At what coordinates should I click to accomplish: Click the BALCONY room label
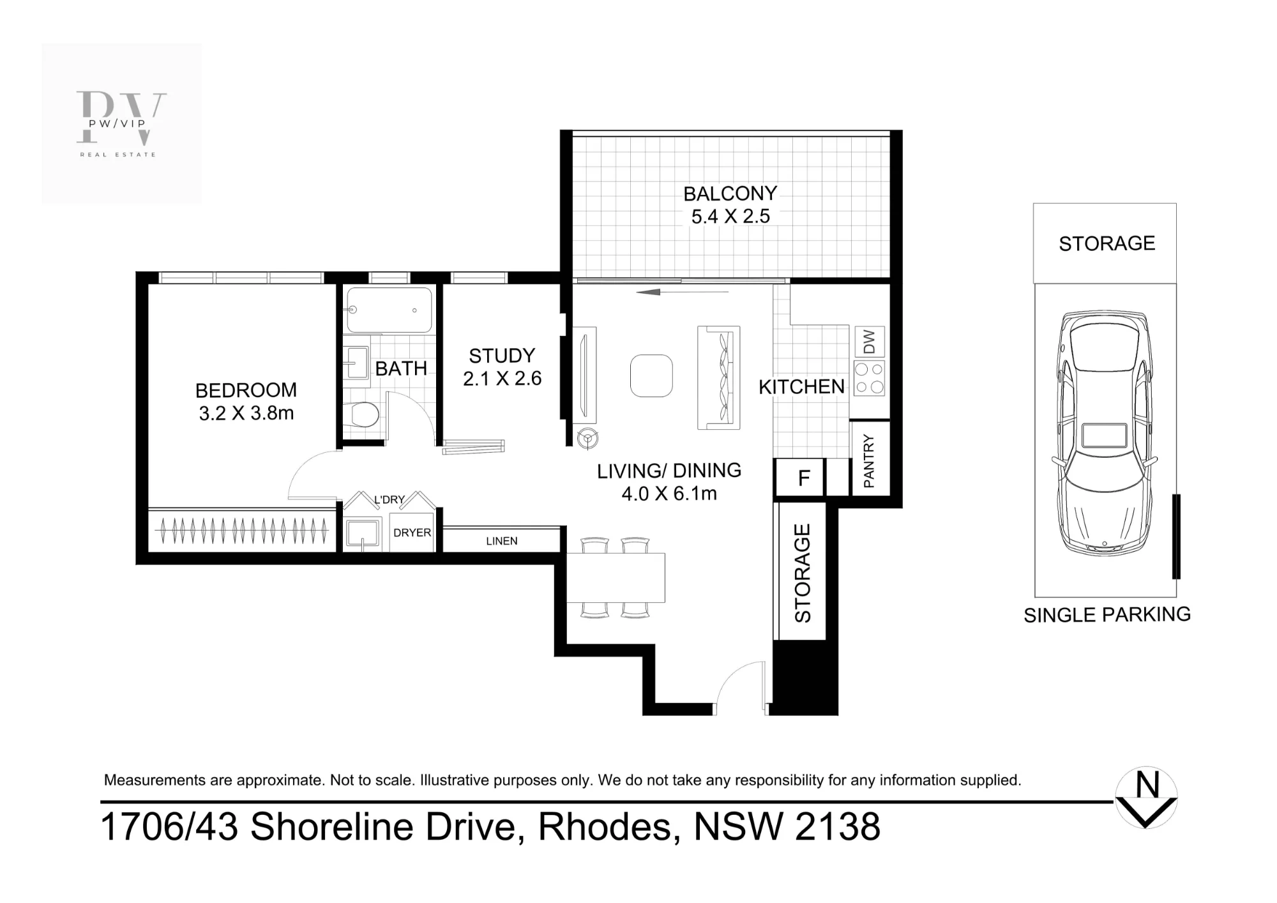click(730, 193)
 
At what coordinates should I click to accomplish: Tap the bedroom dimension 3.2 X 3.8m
click(246, 413)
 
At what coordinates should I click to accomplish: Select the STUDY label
click(502, 356)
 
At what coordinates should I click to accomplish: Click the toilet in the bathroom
click(362, 414)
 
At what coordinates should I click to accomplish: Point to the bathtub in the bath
click(389, 310)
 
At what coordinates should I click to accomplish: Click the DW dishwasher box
click(869, 342)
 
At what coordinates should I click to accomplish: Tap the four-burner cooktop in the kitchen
click(869, 378)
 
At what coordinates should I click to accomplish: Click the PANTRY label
click(869, 461)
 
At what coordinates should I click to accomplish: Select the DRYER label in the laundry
click(412, 533)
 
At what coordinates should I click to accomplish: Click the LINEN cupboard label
click(502, 541)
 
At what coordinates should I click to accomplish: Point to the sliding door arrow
click(683, 292)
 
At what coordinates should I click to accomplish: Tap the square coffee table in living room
click(651, 376)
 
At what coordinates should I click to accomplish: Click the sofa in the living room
click(719, 378)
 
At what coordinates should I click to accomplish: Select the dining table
click(616, 578)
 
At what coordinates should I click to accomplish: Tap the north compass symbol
click(1147, 798)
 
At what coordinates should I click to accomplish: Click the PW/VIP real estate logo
click(121, 124)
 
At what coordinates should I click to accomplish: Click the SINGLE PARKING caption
click(1107, 614)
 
